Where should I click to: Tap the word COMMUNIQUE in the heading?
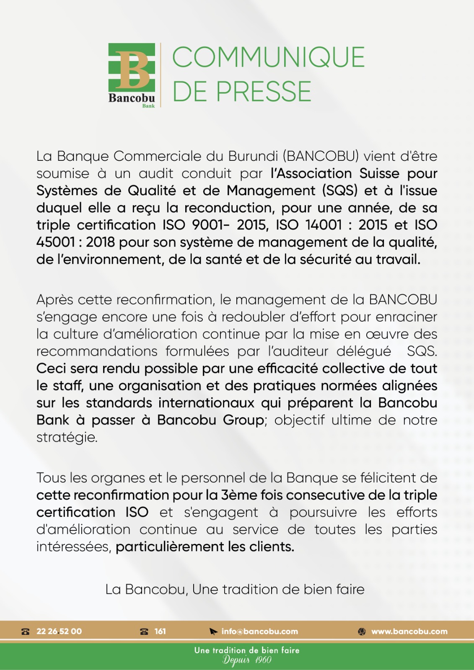268,57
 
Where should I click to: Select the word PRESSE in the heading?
264,92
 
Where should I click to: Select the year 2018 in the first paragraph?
100,242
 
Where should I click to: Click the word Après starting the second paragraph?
54,300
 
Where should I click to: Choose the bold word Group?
244,420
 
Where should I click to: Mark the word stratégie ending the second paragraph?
67,438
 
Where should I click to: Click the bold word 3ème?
238,495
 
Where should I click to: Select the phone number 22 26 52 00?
59,631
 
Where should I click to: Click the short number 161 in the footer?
160,631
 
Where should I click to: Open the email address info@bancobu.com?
259,631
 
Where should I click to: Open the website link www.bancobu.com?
409,631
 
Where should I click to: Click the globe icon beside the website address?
362,631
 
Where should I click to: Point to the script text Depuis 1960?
247,660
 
